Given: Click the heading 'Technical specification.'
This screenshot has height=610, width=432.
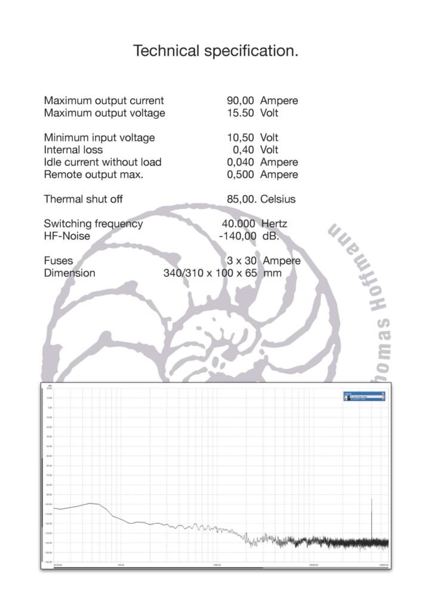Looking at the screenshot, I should (x=215, y=51).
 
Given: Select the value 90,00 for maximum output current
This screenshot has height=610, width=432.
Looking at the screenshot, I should (x=240, y=101).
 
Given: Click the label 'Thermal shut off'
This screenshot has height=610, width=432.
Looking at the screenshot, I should (x=83, y=199).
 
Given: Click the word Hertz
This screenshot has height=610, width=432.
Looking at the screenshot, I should (x=274, y=224).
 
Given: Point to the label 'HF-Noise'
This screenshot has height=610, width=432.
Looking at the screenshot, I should (x=67, y=236).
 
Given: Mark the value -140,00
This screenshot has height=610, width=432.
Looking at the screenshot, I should (x=237, y=236).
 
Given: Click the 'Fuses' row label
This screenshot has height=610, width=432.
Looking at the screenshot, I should (x=58, y=261).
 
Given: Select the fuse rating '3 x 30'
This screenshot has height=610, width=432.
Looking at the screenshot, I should (x=241, y=261).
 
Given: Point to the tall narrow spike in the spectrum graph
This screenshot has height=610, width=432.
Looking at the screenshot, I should (x=372, y=518).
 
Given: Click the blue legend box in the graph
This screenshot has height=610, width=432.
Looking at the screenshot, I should (x=364, y=396).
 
